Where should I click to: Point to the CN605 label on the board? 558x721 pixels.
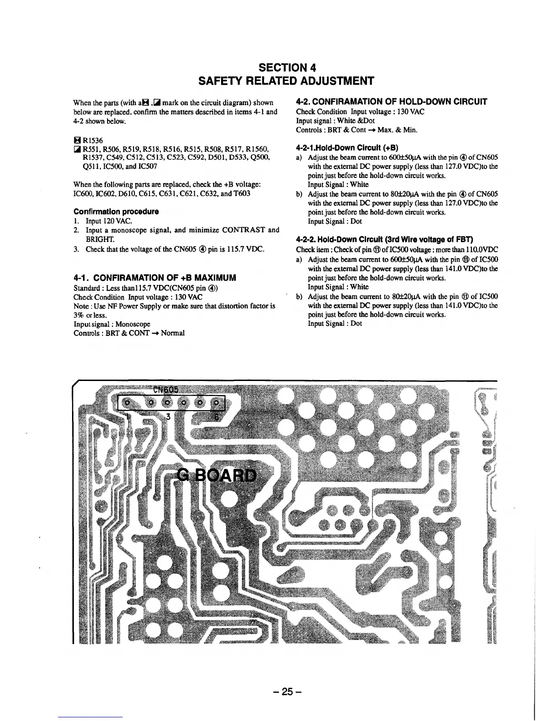pyautogui.click(x=165, y=390)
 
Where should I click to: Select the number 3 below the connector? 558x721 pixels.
pyautogui.click(x=168, y=416)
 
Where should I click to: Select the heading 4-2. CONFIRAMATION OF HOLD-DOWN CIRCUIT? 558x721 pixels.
pyautogui.click(x=392, y=102)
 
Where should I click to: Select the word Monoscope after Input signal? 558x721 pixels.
pyautogui.click(x=133, y=324)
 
